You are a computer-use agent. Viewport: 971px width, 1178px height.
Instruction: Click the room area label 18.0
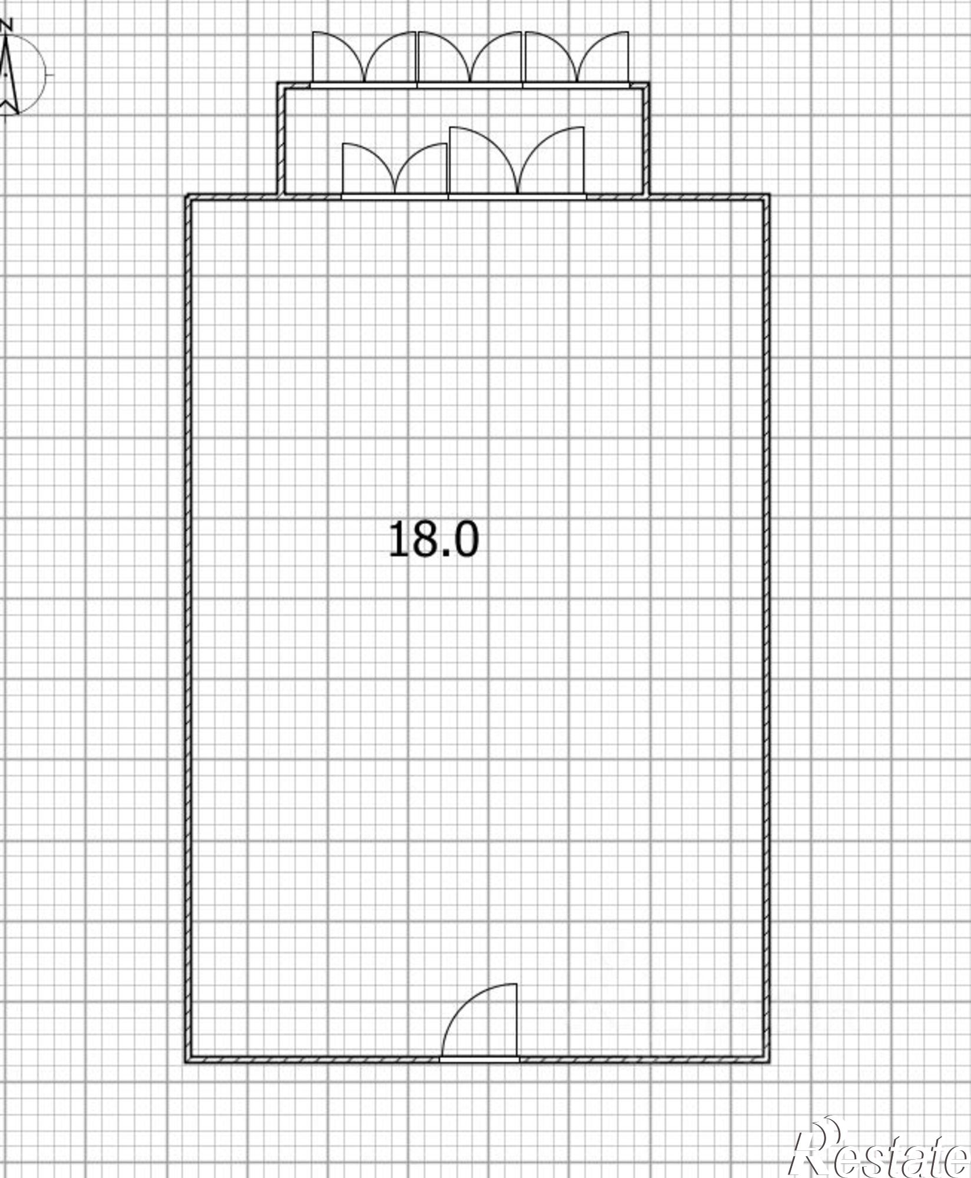coord(434,539)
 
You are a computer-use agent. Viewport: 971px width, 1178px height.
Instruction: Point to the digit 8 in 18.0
coord(424,539)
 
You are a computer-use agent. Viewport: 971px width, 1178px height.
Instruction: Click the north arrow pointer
coord(8,74)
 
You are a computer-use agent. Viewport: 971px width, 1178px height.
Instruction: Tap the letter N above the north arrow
coord(7,25)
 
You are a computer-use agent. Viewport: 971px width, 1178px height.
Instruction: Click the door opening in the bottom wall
coord(479,1058)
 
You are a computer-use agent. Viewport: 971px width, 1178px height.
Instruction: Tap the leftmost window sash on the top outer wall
coord(339,57)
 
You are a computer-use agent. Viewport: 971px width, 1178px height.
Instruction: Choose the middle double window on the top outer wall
coord(470,57)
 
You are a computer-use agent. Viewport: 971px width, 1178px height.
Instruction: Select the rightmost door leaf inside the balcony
coord(551,160)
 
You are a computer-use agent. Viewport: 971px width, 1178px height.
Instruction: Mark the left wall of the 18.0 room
coord(189,628)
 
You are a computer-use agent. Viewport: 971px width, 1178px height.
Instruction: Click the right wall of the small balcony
coord(645,138)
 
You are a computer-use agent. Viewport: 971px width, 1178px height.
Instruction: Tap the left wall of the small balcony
coord(281,138)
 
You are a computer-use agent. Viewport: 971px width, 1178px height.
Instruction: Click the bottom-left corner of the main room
coord(186,1062)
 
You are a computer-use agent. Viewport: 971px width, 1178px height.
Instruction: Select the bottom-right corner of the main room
coord(770,1062)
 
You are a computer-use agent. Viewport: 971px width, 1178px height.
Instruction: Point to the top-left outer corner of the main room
coord(186,195)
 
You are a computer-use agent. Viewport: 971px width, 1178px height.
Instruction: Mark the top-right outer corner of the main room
coord(770,195)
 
